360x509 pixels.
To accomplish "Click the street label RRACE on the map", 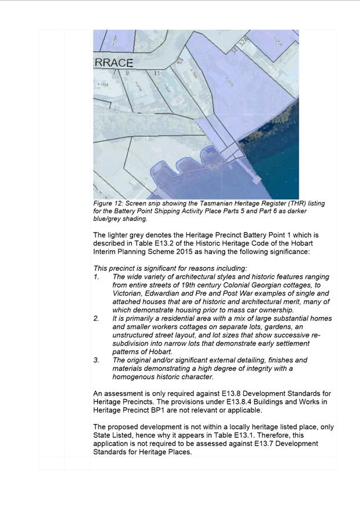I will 113,62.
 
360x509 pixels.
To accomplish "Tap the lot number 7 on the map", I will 114,73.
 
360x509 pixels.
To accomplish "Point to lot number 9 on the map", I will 127,73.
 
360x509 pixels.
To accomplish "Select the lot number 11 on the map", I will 156,73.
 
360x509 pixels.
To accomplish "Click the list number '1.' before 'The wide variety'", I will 97,277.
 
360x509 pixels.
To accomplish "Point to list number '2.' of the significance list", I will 97,318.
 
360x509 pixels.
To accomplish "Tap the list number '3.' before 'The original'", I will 97,360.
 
